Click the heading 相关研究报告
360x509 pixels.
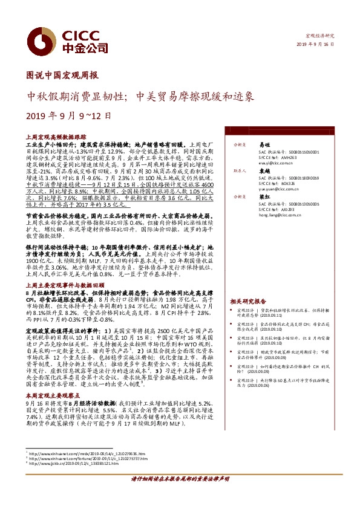point(248,300)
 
